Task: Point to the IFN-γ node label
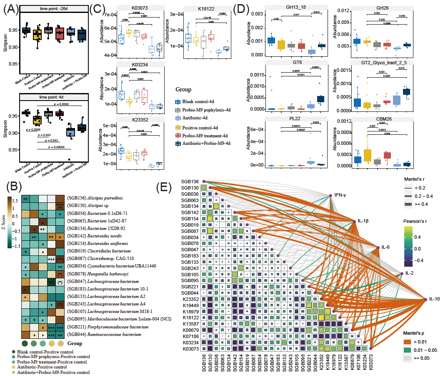pos(342,195)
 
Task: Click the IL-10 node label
pos(435,300)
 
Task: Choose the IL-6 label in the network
pos(385,247)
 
